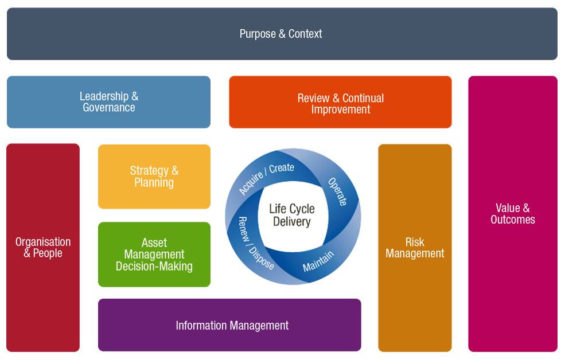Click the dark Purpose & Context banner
(x=282, y=34)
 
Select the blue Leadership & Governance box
(x=108, y=102)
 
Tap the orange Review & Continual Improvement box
(x=340, y=102)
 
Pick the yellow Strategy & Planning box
(x=154, y=177)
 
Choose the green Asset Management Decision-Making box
(x=154, y=255)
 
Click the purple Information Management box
(x=229, y=325)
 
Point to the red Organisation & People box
(x=43, y=248)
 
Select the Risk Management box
(x=415, y=248)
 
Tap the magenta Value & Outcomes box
(x=513, y=214)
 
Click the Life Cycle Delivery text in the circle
(x=292, y=216)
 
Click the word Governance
(x=109, y=108)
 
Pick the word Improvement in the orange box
(x=341, y=109)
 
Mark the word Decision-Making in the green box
(x=154, y=267)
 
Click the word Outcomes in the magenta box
(x=513, y=220)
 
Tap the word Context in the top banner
(x=305, y=34)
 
